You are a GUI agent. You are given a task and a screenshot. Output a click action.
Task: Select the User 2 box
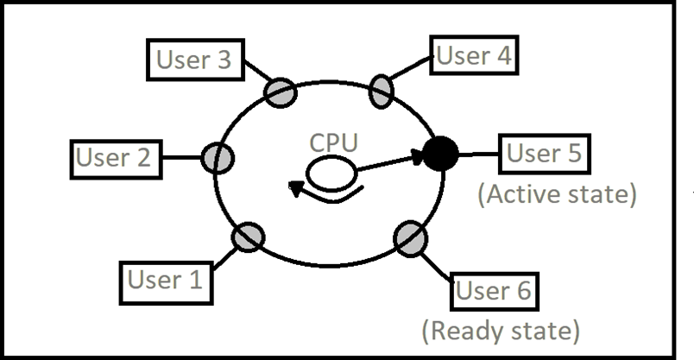pyautogui.click(x=113, y=157)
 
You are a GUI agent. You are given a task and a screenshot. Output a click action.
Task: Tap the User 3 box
pyautogui.click(x=193, y=60)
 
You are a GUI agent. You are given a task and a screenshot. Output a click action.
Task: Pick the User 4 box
pyautogui.click(x=475, y=57)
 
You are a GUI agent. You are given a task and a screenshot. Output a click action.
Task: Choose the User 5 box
pyautogui.click(x=544, y=155)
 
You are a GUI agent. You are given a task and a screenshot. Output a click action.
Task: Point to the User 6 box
pyautogui.click(x=495, y=290)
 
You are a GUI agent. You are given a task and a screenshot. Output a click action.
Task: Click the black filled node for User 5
pyautogui.click(x=440, y=155)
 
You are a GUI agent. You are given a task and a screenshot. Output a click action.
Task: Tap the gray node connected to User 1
pyautogui.click(x=248, y=237)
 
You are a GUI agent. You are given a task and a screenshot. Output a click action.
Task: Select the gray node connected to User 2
pyautogui.click(x=218, y=158)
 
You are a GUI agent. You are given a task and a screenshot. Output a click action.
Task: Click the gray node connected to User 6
pyautogui.click(x=409, y=237)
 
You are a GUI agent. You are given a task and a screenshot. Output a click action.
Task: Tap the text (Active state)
pyautogui.click(x=558, y=194)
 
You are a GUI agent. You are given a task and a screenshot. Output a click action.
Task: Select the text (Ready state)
pyautogui.click(x=500, y=330)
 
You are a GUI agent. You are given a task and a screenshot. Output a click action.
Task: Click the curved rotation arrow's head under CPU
pyautogui.click(x=296, y=187)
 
